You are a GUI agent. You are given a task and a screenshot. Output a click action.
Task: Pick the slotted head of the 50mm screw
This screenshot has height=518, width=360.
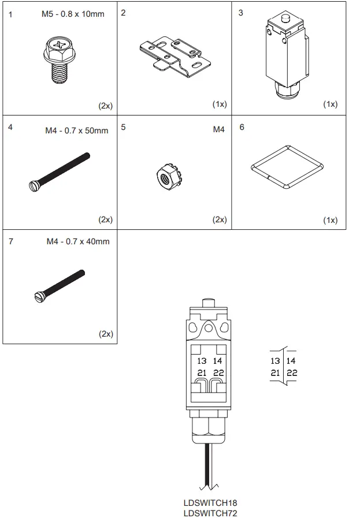pos(33,185)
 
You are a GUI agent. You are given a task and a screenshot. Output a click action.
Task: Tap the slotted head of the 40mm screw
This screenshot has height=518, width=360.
pos(39,297)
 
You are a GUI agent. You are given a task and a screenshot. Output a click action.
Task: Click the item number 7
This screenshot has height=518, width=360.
pos(11,241)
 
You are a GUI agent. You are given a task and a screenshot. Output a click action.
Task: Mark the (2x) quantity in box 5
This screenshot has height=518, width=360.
pos(219,219)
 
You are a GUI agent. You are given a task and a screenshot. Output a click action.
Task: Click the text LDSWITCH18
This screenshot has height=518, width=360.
pos(210,503)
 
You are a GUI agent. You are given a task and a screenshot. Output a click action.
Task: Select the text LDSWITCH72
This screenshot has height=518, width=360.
pos(210,513)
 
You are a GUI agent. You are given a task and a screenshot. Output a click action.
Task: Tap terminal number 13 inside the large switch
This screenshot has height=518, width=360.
pos(202,361)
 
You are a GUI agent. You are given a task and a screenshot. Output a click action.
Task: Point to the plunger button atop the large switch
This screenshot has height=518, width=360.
pos(209,303)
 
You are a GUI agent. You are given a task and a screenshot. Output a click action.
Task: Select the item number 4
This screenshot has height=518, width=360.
pos(10,127)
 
